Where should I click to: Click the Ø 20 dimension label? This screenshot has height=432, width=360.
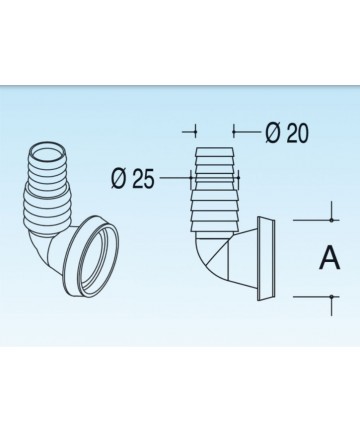pos(287,133)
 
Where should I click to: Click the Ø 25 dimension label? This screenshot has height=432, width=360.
pos(133,178)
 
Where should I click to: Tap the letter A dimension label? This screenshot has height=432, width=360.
pos(330,258)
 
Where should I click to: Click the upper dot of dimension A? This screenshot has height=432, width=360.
pos(331,220)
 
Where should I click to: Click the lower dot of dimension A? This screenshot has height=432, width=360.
pos(331,296)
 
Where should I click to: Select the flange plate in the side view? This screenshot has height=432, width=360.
pos(266,259)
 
